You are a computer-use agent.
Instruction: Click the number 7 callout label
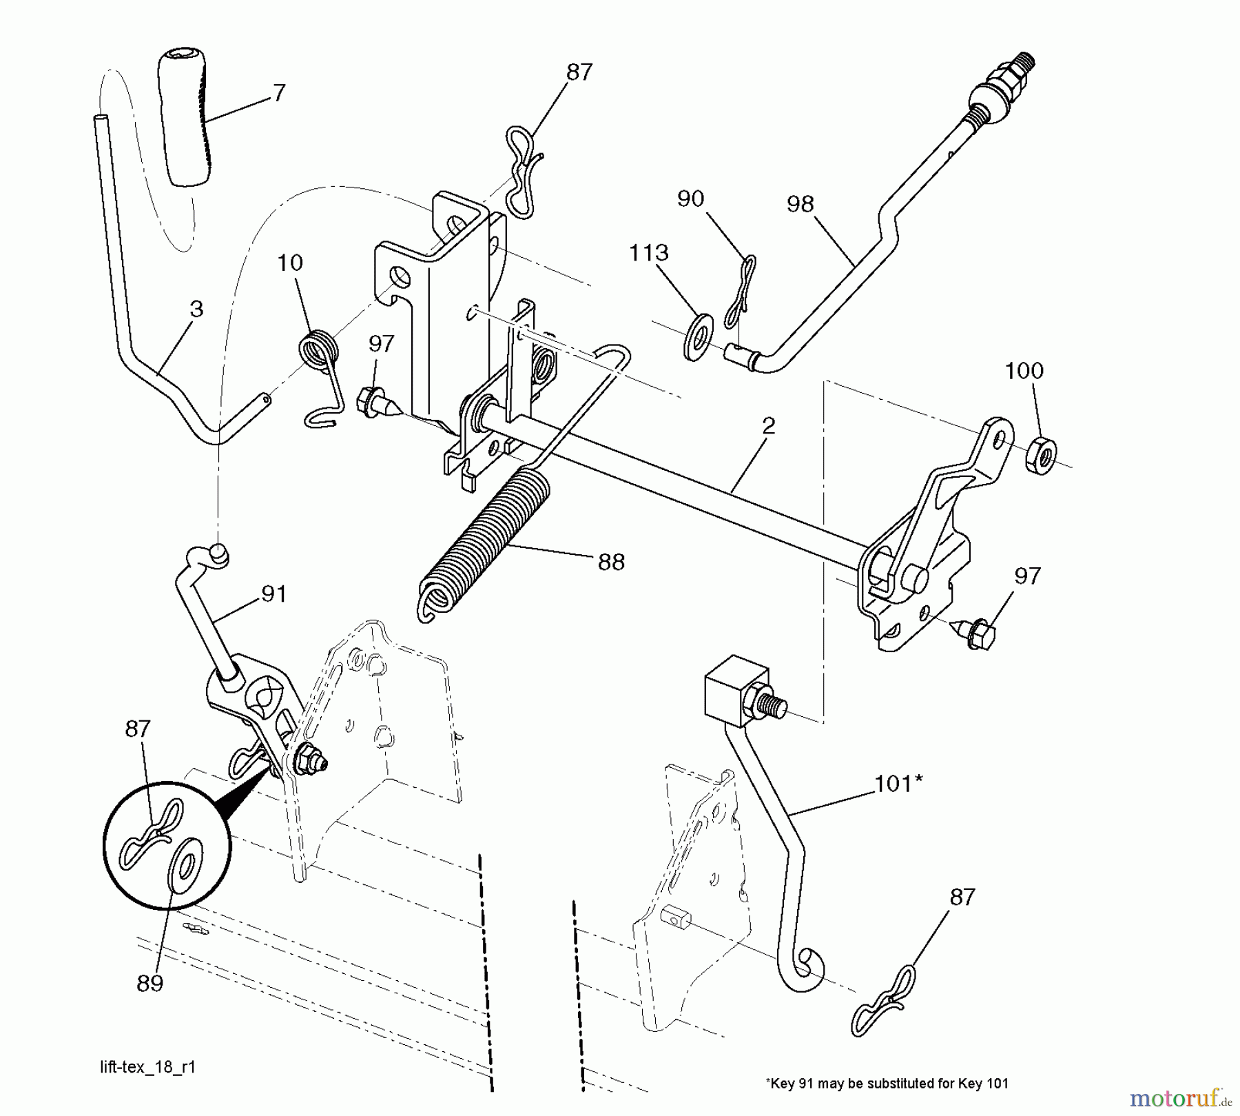278,93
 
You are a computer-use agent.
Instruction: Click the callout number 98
800,204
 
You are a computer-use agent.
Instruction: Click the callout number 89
149,983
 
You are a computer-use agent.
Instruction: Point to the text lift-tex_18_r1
147,1067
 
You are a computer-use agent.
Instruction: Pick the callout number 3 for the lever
196,309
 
